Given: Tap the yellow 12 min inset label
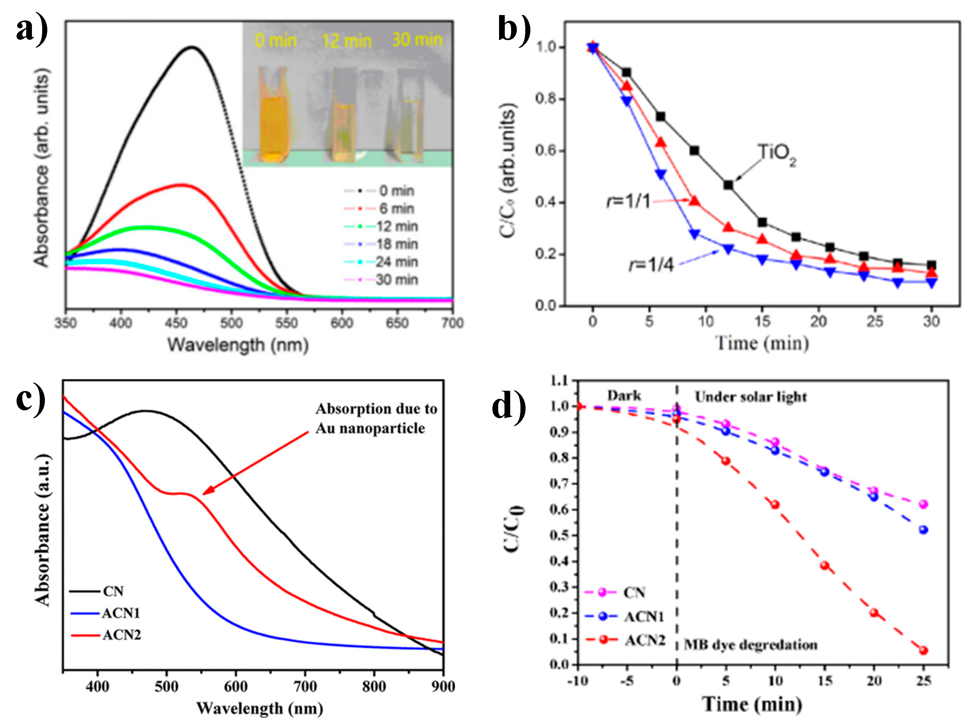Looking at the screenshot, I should point(347,41).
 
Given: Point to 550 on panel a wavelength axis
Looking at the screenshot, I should point(287,323).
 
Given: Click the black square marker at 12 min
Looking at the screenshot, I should point(728,185).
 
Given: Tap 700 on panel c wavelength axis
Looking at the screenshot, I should point(305,687).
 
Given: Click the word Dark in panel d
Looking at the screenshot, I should point(624,396).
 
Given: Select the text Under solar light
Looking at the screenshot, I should point(751,397).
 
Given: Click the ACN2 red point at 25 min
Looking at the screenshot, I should point(923,651).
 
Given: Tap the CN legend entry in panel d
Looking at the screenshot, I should point(634,593).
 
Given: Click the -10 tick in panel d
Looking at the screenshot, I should point(578,681).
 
